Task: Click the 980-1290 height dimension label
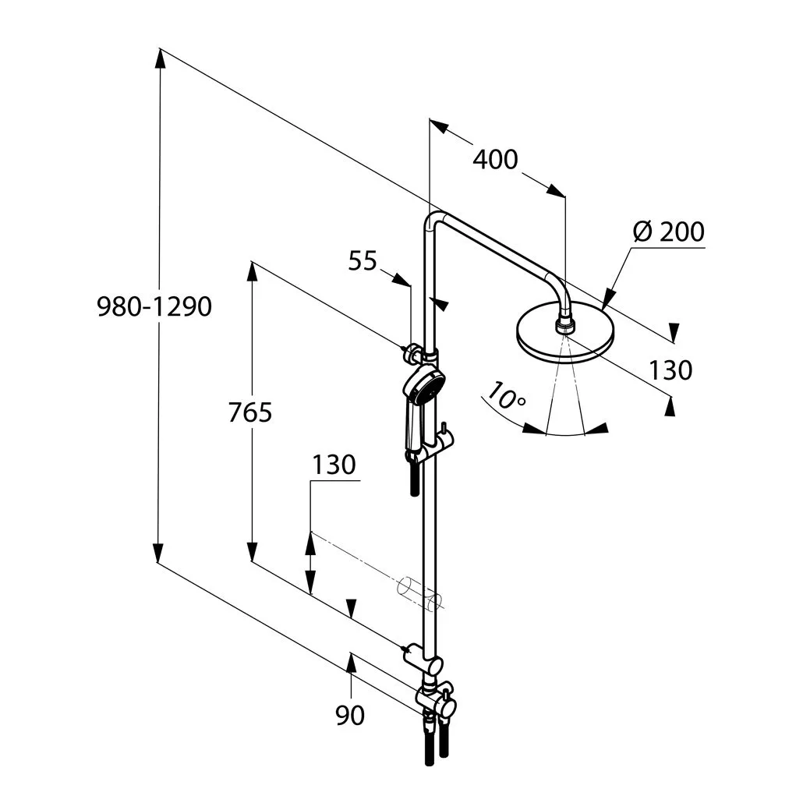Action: pos(154,307)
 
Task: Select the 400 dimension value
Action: pos(495,160)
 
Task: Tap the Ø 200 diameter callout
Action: pos(668,232)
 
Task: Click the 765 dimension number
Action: pos(250,412)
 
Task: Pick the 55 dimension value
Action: pos(363,261)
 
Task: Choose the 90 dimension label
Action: pos(350,715)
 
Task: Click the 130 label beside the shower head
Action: pos(670,370)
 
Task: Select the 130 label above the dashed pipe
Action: pos(334,465)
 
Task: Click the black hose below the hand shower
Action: pos(414,479)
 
